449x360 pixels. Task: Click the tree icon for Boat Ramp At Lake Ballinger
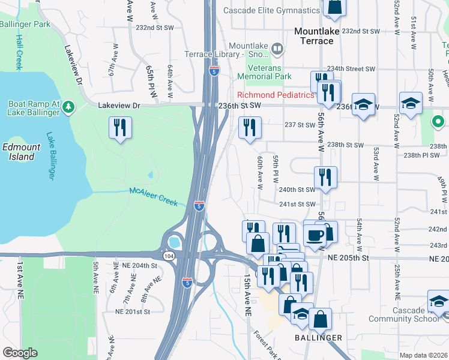(69, 107)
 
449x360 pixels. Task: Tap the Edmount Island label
(21, 152)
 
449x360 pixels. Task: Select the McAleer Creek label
(153, 196)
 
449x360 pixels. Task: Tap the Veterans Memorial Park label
(264, 72)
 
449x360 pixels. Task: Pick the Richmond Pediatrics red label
(276, 95)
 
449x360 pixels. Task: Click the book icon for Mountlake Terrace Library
(277, 48)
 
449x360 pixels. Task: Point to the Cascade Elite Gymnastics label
(271, 10)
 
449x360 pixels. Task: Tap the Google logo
(20, 353)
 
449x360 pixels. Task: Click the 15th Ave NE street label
(247, 296)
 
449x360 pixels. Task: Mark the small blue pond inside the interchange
(175, 242)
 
